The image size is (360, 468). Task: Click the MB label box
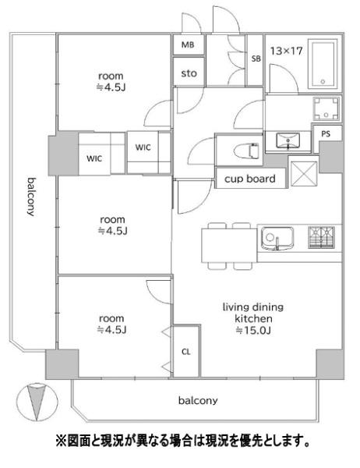pyautogui.click(x=188, y=44)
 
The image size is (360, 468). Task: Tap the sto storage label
pyautogui.click(x=189, y=73)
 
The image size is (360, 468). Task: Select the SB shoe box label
pyautogui.click(x=256, y=58)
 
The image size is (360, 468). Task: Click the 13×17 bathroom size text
pyautogui.click(x=286, y=51)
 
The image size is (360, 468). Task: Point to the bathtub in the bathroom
pyautogui.click(x=323, y=64)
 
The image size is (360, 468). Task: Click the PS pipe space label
pyautogui.click(x=326, y=134)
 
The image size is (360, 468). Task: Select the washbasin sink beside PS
pyautogui.click(x=288, y=140)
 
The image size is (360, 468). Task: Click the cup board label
pyautogui.click(x=249, y=179)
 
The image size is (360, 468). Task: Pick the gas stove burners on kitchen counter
pyautogui.click(x=321, y=237)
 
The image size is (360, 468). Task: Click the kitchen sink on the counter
pyautogui.click(x=277, y=239)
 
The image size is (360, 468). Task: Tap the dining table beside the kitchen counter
pyautogui.click(x=229, y=246)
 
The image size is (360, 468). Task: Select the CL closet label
pyautogui.click(x=185, y=352)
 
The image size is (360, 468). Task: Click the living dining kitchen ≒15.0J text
pyautogui.click(x=253, y=319)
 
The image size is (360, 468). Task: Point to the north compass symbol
pyautogui.click(x=37, y=402)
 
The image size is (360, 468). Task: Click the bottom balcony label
pyautogui.click(x=198, y=400)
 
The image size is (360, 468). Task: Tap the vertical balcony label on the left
pyautogui.click(x=31, y=197)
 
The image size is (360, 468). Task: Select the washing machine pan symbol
pyautogui.click(x=326, y=108)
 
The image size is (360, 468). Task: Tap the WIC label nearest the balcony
pyautogui.click(x=94, y=158)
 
